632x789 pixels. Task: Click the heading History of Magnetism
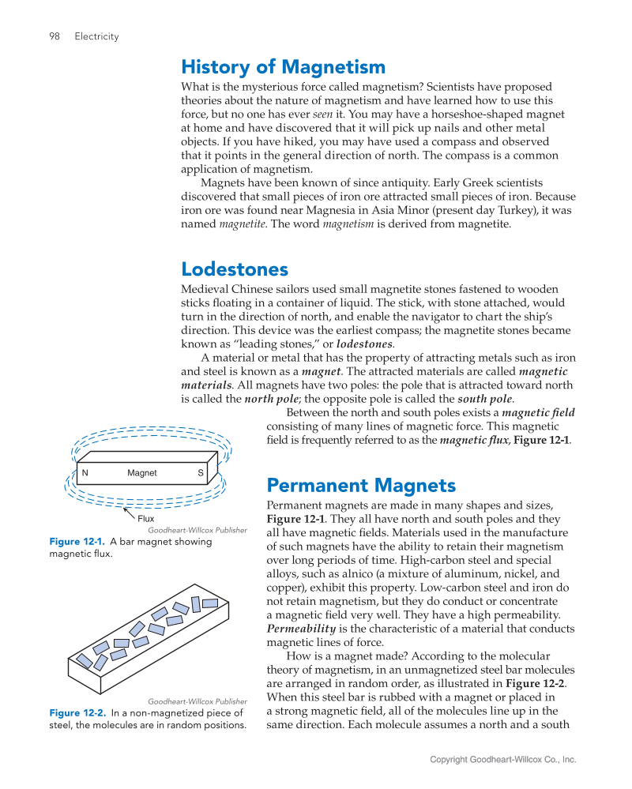283,66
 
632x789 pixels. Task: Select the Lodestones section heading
235,269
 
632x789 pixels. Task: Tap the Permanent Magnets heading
361,484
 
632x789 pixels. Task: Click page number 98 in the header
55,36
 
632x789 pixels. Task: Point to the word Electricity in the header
96,36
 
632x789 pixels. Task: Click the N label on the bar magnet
85,473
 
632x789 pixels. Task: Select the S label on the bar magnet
201,473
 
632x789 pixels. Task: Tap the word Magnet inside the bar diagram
142,473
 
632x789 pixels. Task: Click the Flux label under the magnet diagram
146,519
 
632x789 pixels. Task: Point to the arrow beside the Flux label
129,513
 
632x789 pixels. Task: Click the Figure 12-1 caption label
77,542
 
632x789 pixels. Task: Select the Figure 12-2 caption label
77,712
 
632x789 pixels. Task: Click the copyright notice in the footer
502,760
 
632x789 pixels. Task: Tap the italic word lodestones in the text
364,344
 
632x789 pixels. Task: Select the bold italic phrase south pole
485,399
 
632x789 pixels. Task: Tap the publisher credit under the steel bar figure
197,701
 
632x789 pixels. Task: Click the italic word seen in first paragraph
323,115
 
